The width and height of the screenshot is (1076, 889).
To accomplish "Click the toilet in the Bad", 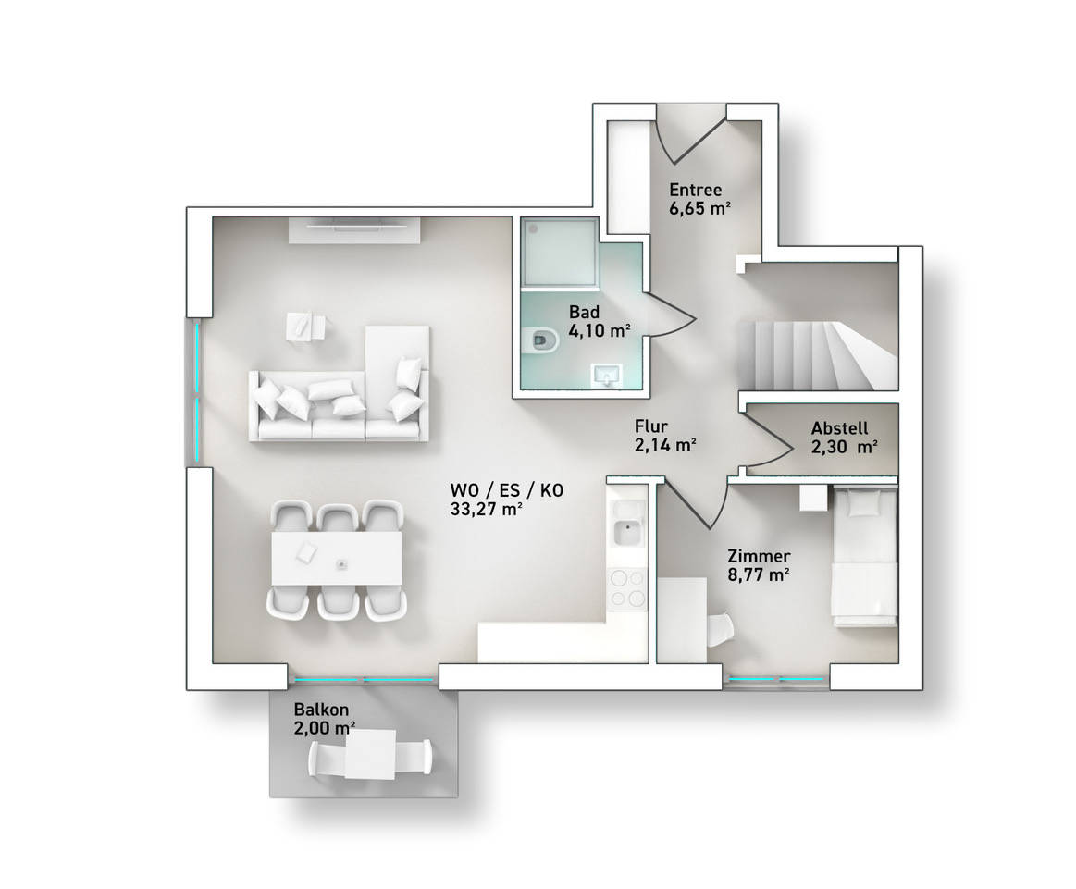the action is tap(543, 340).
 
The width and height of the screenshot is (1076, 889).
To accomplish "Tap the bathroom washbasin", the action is tap(607, 376).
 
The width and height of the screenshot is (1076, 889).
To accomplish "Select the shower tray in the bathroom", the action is tap(559, 252).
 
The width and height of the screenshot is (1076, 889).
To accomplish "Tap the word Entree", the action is tap(695, 190).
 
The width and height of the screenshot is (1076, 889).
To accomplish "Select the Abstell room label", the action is tap(839, 428).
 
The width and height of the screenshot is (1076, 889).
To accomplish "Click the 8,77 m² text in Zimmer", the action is tap(759, 574).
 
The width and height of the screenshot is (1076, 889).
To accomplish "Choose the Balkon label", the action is tap(321, 710).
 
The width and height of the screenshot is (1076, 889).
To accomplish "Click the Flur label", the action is tap(651, 426).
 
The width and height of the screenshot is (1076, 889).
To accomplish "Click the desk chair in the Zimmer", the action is tap(720, 630).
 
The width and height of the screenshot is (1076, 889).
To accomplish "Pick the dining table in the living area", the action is tap(336, 559).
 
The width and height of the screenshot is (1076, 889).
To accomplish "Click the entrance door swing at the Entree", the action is tap(689, 136).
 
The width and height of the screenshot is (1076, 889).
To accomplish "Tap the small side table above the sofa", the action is tap(306, 326).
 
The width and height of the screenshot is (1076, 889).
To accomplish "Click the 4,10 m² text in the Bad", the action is tap(600, 330).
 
